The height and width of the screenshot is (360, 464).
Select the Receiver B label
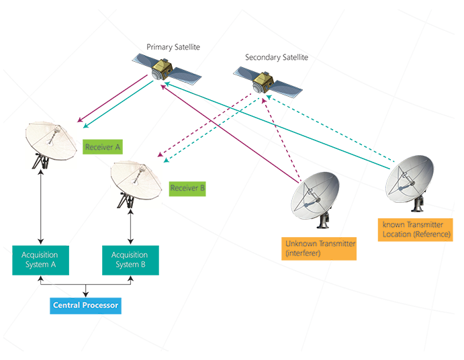[188, 188]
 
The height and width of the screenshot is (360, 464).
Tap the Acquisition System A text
[40, 259]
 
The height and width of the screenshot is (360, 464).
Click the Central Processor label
[86, 306]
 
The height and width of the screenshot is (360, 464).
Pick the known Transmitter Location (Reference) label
[416, 229]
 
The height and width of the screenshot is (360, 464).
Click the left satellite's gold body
[163, 66]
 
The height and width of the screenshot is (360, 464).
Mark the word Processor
[102, 306]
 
